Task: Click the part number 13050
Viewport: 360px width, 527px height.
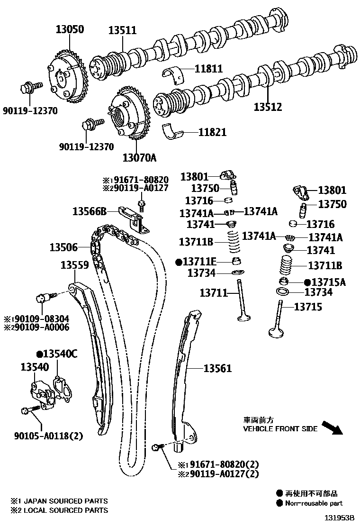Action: click(x=68, y=30)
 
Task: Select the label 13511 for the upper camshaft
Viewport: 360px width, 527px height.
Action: click(x=122, y=30)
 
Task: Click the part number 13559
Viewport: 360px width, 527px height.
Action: click(x=74, y=265)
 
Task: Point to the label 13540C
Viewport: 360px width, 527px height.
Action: click(x=60, y=354)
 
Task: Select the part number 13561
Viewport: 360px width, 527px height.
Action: click(x=217, y=368)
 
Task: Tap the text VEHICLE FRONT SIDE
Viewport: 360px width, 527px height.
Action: click(x=280, y=428)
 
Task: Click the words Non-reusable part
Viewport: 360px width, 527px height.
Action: click(x=314, y=503)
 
